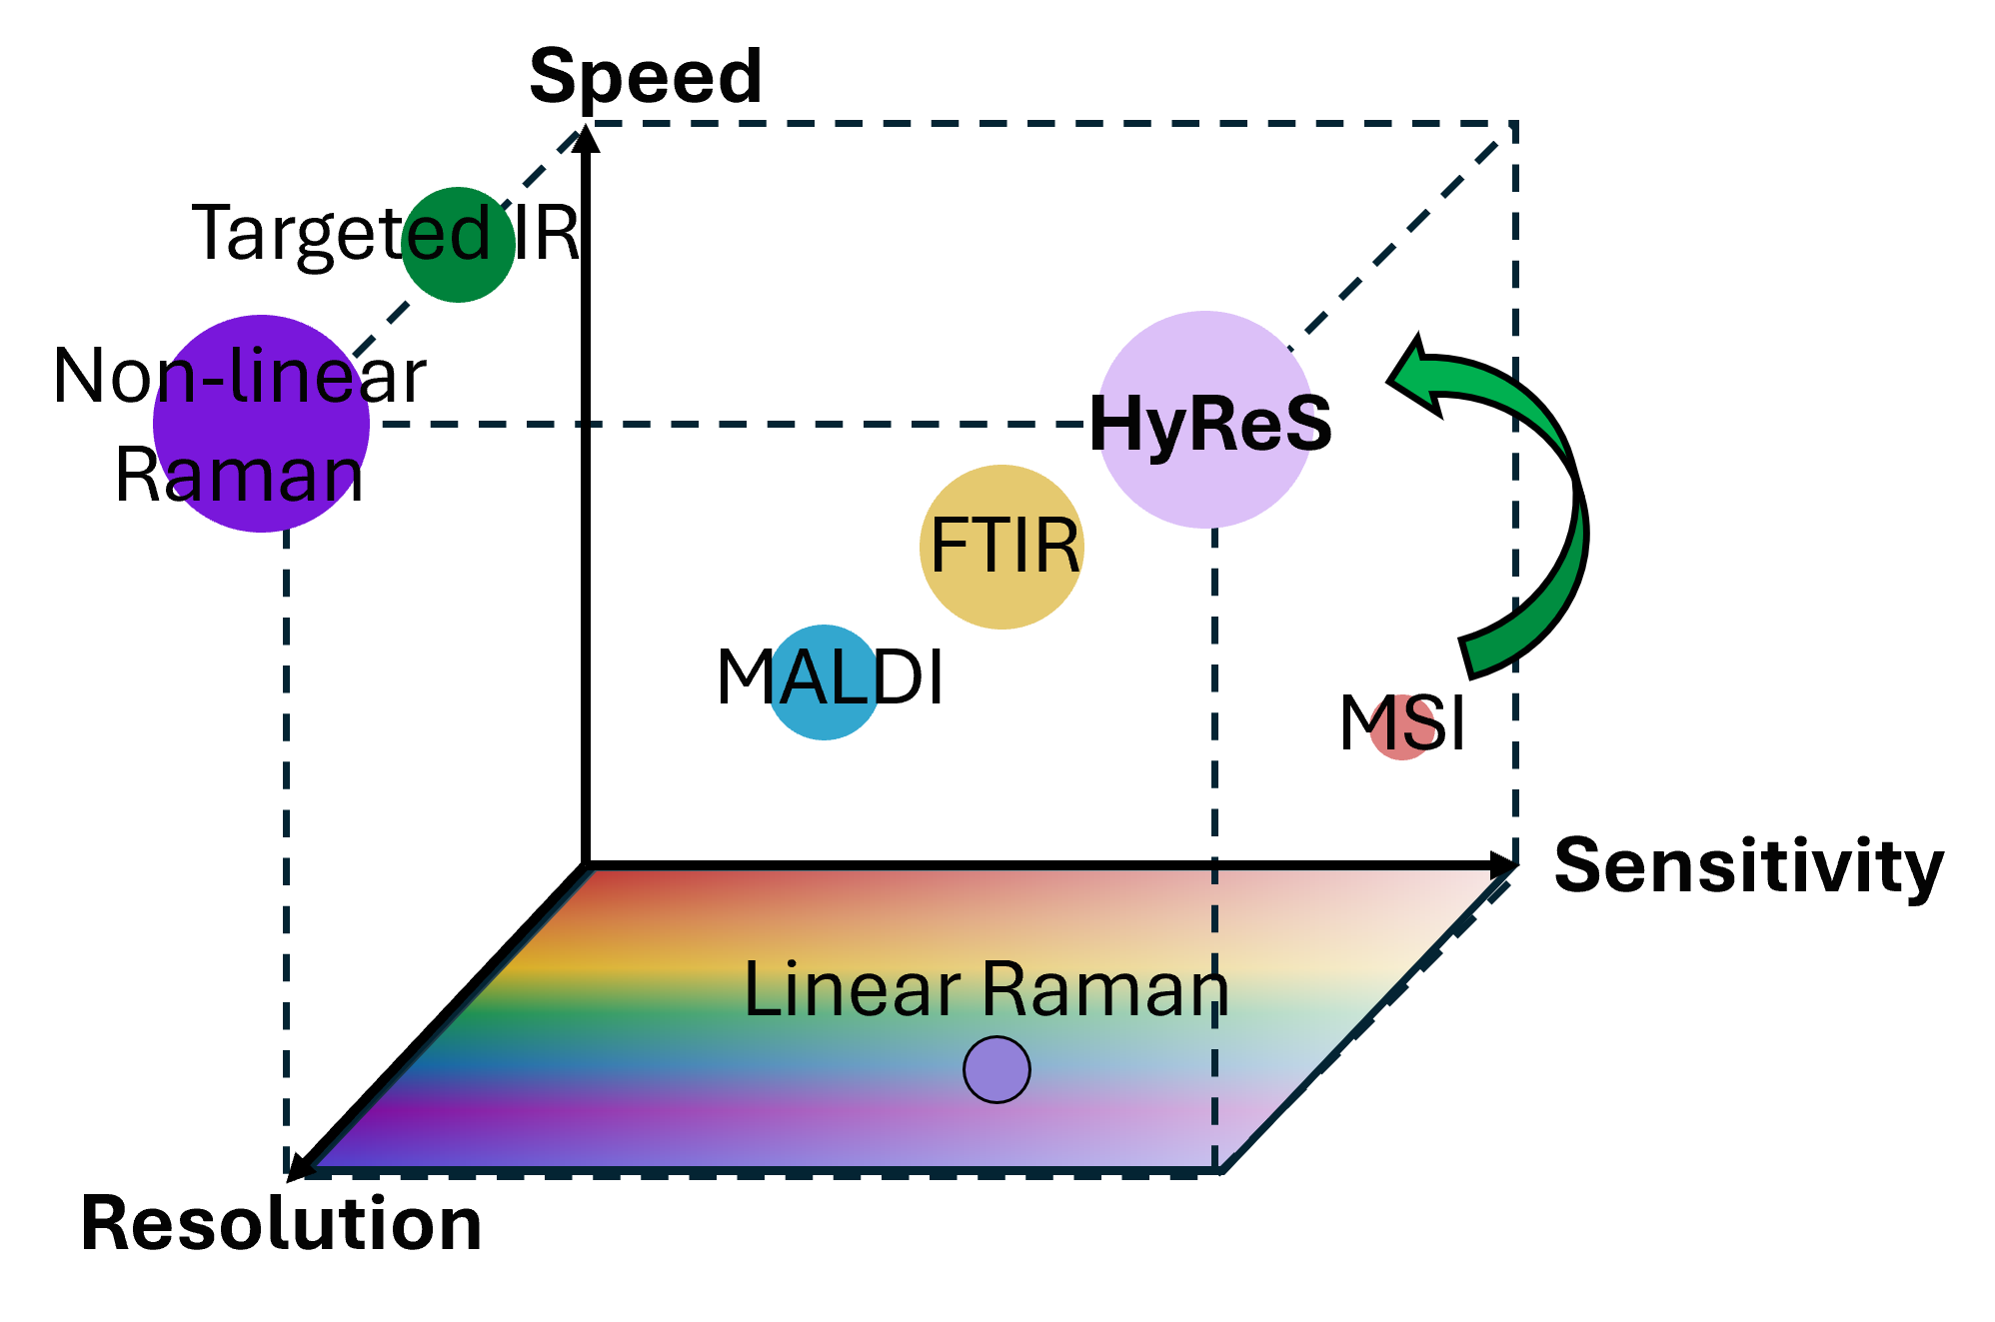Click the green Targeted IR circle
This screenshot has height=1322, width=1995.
tap(458, 245)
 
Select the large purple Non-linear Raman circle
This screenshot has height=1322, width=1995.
tap(262, 424)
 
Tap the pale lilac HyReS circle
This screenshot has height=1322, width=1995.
tap(1205, 420)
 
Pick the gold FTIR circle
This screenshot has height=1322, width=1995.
tap(1001, 547)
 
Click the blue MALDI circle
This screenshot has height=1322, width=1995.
tap(824, 682)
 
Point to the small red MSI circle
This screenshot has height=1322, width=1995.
tap(1402, 726)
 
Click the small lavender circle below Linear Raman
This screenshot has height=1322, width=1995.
tap(997, 1069)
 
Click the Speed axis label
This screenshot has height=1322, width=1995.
tap(646, 76)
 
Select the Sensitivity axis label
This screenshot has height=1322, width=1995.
tap(1748, 866)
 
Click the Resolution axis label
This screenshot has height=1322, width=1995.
tap(283, 1223)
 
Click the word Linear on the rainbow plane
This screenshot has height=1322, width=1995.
tap(852, 989)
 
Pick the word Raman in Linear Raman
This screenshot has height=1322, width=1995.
tap(1104, 989)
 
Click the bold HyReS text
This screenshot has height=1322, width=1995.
tap(1209, 424)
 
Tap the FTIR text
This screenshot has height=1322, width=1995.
tap(1004, 547)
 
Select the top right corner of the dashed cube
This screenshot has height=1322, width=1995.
tap(1515, 125)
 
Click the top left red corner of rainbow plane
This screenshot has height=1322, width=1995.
tap(598, 874)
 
